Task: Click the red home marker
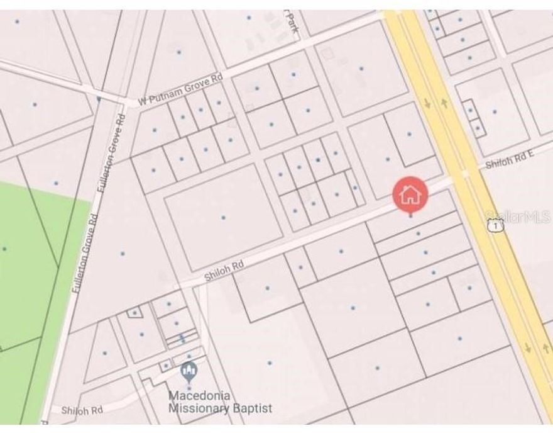(x=410, y=194)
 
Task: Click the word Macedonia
(x=199, y=396)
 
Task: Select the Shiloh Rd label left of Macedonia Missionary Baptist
(x=82, y=410)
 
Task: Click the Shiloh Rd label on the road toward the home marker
(x=224, y=271)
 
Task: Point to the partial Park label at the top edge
(x=292, y=24)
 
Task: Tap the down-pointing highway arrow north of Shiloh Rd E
(x=428, y=103)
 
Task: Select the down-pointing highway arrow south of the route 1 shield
(x=528, y=347)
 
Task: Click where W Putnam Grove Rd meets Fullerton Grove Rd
(x=118, y=103)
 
